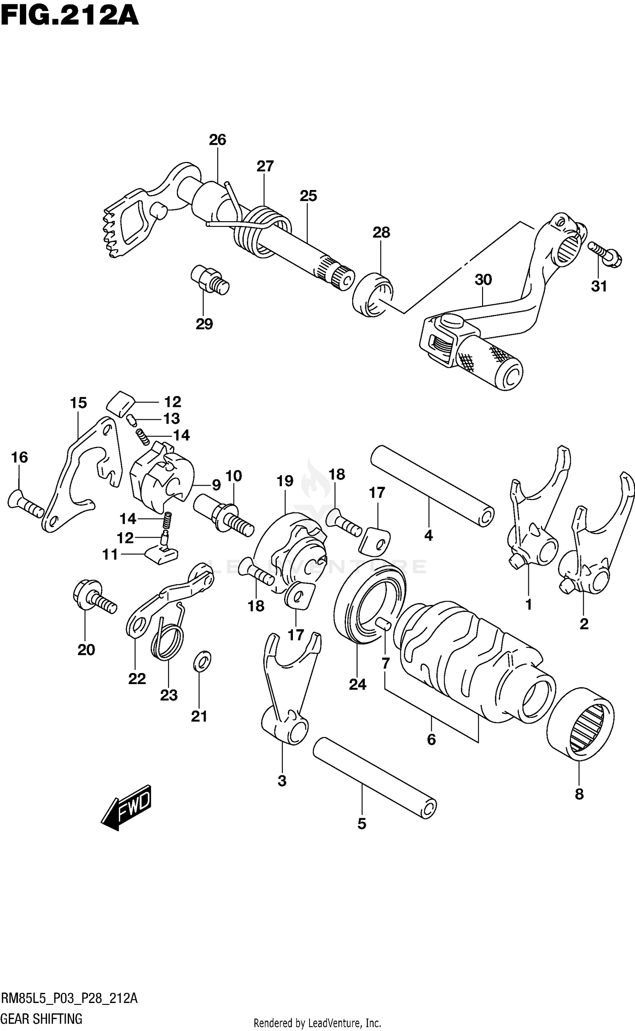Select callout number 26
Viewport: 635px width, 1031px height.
218,140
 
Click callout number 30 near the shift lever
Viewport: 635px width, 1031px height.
483,280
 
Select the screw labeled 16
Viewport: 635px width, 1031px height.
25,503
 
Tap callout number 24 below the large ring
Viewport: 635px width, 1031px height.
357,684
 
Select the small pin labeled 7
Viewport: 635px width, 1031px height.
384,624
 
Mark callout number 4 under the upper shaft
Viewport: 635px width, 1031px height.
428,536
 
